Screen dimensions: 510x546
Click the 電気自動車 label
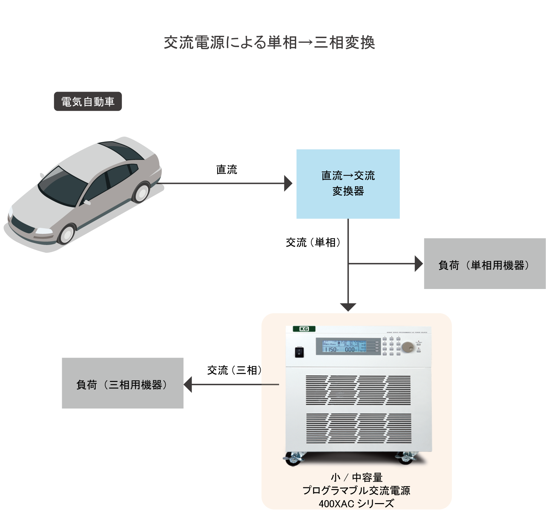pyautogui.click(x=88, y=102)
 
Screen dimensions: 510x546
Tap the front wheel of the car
pyautogui.click(x=67, y=233)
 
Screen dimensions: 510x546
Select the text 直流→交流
pyautogui.click(x=348, y=176)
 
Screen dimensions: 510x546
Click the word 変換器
pyautogui.click(x=348, y=191)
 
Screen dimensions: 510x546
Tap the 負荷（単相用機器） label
pyautogui.click(x=484, y=265)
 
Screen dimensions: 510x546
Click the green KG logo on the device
pyautogui.click(x=304, y=329)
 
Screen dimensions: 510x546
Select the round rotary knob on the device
pyautogui.click(x=408, y=347)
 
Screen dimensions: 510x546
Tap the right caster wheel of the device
pyautogui.click(x=407, y=457)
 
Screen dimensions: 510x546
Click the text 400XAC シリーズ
pyautogui.click(x=356, y=503)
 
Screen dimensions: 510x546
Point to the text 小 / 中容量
pyautogui.click(x=357, y=477)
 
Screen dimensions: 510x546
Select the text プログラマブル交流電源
pyautogui.click(x=356, y=490)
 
